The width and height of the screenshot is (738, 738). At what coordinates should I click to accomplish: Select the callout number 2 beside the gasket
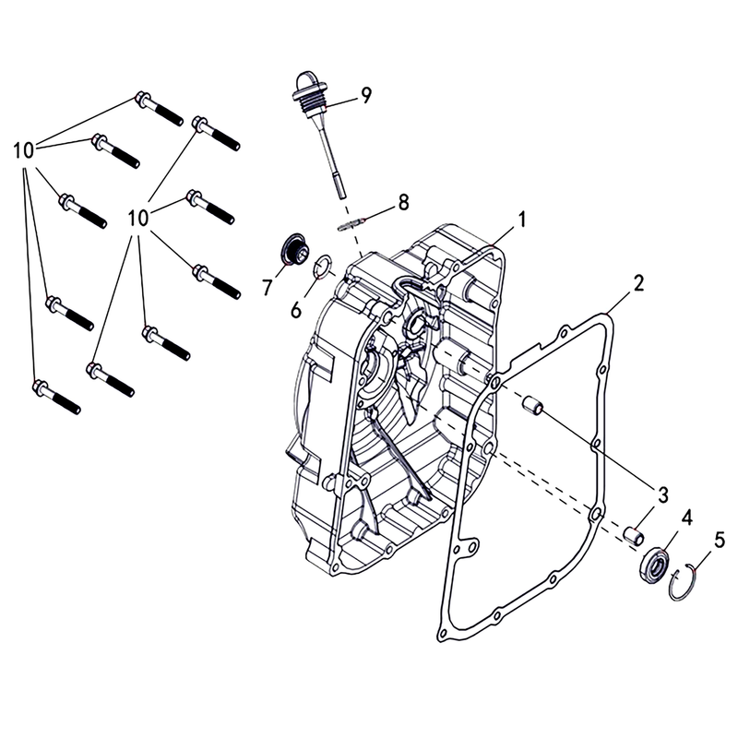(x=637, y=281)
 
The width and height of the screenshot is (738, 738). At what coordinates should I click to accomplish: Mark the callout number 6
(x=296, y=310)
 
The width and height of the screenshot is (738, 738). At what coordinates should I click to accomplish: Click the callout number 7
(x=267, y=289)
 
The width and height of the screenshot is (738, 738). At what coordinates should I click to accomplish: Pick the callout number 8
(x=402, y=201)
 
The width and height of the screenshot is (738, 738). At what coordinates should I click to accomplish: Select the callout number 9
(x=366, y=95)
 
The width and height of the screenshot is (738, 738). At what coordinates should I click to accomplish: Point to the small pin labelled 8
(x=355, y=222)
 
